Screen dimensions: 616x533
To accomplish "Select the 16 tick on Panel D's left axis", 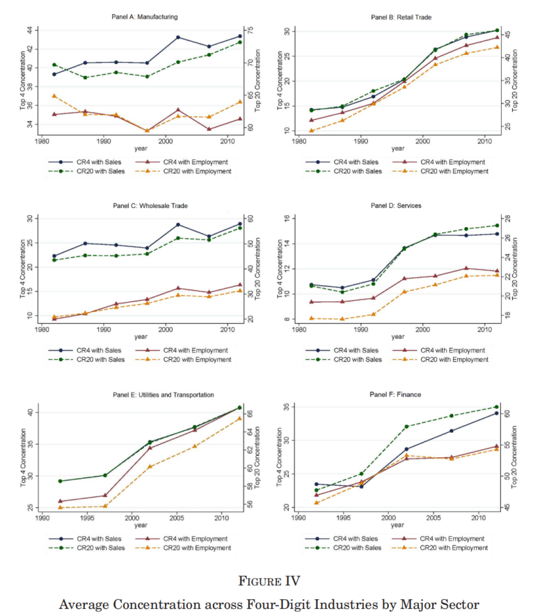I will (x=285, y=219).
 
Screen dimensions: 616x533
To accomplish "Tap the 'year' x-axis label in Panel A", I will (x=141, y=148).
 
